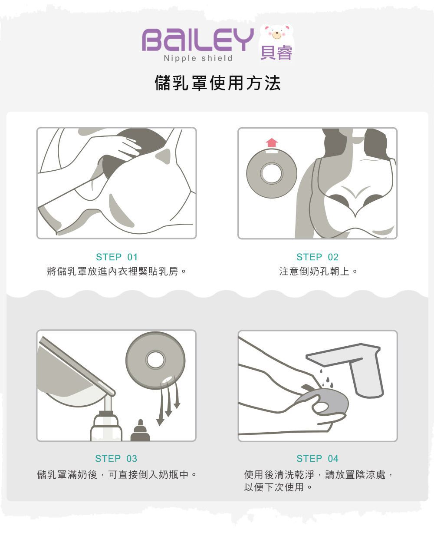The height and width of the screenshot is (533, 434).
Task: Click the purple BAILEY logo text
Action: pyautogui.click(x=197, y=40)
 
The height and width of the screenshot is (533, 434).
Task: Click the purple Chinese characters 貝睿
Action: pyautogui.click(x=276, y=53)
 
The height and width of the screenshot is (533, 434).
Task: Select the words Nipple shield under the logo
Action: pyautogui.click(x=198, y=58)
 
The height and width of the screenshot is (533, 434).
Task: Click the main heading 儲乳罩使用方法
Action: pyautogui.click(x=217, y=83)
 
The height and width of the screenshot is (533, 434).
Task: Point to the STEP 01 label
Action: pyautogui.click(x=117, y=257)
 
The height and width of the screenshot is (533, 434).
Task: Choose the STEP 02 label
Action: pyautogui.click(x=317, y=257)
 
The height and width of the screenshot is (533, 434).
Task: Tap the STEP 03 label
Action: pyautogui.click(x=116, y=458)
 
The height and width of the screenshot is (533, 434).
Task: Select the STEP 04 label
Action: pyautogui.click(x=317, y=458)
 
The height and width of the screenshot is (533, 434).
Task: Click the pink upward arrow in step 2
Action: pyautogui.click(x=272, y=142)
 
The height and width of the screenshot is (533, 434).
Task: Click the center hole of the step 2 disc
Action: pyautogui.click(x=272, y=173)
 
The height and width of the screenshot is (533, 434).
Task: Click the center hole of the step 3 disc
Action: pyautogui.click(x=155, y=360)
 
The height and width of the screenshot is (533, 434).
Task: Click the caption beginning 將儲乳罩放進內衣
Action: pyautogui.click(x=117, y=272)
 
